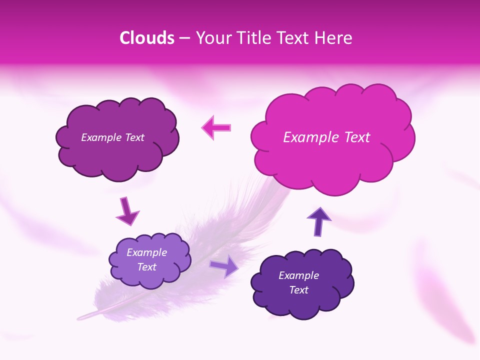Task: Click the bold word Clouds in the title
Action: click(x=147, y=38)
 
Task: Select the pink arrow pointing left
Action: click(x=216, y=127)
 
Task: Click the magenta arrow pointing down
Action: click(x=127, y=211)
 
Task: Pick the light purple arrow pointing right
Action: click(x=224, y=266)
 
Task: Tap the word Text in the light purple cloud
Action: click(x=147, y=267)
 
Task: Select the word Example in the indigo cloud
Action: click(x=298, y=275)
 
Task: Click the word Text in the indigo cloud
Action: click(x=298, y=290)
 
